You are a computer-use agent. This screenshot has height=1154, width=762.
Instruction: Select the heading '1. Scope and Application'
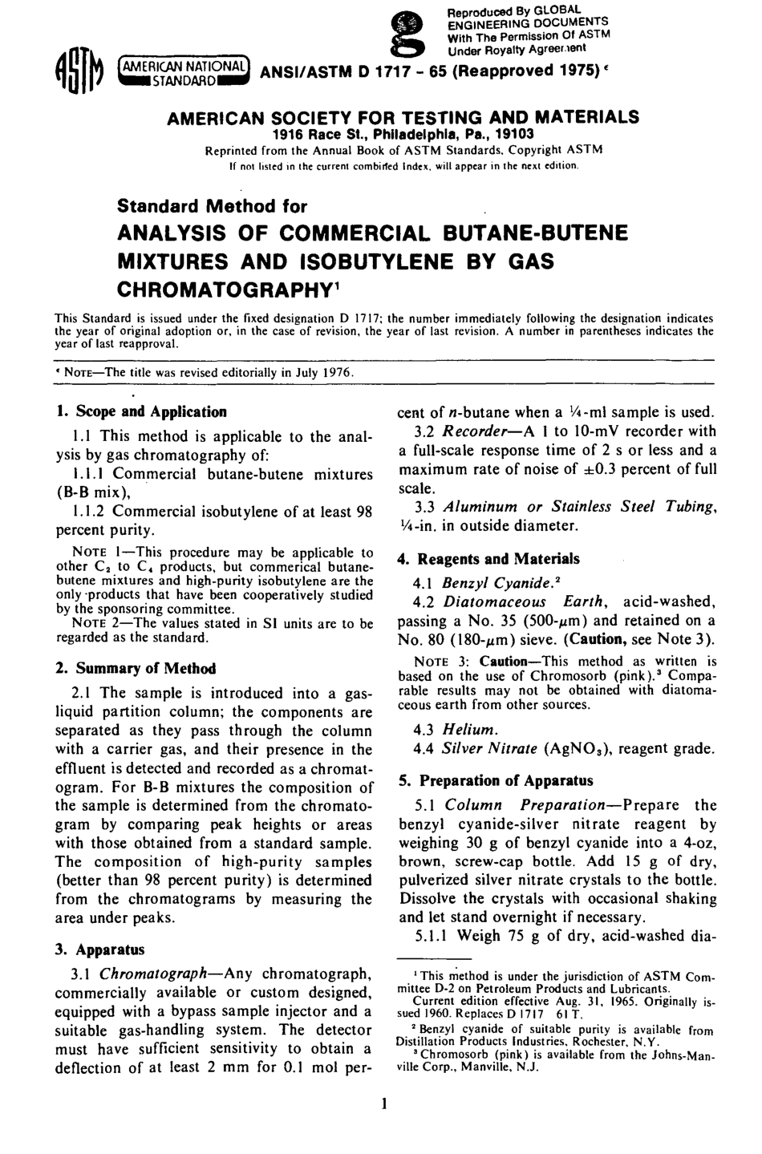click(x=141, y=412)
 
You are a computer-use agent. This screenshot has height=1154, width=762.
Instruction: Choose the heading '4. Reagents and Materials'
click(x=488, y=559)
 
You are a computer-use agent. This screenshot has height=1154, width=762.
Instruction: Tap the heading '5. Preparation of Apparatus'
click(x=496, y=780)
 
